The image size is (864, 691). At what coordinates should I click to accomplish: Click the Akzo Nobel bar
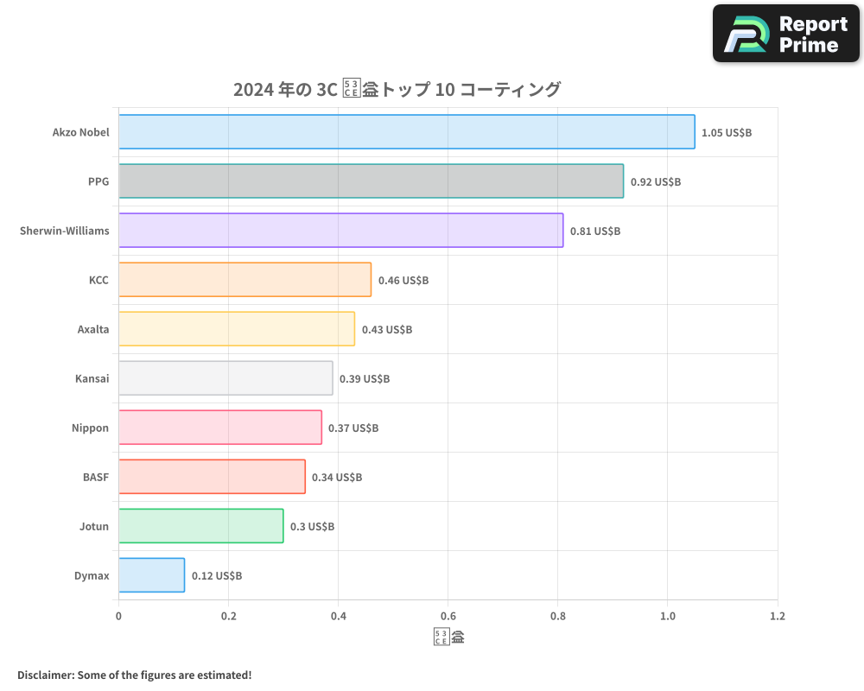pyautogui.click(x=406, y=132)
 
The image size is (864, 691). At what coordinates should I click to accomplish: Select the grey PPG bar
pyautogui.click(x=371, y=181)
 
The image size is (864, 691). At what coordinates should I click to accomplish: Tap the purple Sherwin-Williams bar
pyautogui.click(x=340, y=231)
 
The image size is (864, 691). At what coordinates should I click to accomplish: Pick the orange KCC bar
pyautogui.click(x=245, y=280)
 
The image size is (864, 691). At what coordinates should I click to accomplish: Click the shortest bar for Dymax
pyautogui.click(x=151, y=575)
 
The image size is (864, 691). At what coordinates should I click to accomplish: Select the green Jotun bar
pyautogui.click(x=200, y=526)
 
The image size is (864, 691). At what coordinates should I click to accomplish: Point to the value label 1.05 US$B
pyautogui.click(x=727, y=133)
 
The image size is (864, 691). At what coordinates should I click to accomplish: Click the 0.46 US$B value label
pyautogui.click(x=403, y=281)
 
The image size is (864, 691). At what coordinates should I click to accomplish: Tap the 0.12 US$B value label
pyautogui.click(x=217, y=576)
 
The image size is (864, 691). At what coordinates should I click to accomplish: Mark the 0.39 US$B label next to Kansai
pyautogui.click(x=365, y=379)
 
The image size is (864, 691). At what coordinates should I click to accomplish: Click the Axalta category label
pyautogui.click(x=93, y=330)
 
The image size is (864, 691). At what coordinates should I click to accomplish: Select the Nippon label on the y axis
pyautogui.click(x=91, y=428)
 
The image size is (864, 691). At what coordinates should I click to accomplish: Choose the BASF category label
pyautogui.click(x=96, y=478)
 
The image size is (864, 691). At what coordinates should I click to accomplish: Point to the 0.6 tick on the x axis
pyautogui.click(x=448, y=617)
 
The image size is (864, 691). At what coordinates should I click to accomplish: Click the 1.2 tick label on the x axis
pyautogui.click(x=777, y=617)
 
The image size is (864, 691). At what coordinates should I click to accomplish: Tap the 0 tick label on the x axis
pyautogui.click(x=118, y=617)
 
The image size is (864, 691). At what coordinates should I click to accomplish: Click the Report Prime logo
pyautogui.click(x=786, y=34)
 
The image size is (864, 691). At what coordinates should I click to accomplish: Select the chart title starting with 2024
pyautogui.click(x=397, y=90)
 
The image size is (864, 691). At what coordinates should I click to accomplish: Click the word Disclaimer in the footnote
pyautogui.click(x=45, y=675)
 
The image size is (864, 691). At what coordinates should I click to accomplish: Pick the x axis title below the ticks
pyautogui.click(x=448, y=638)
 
